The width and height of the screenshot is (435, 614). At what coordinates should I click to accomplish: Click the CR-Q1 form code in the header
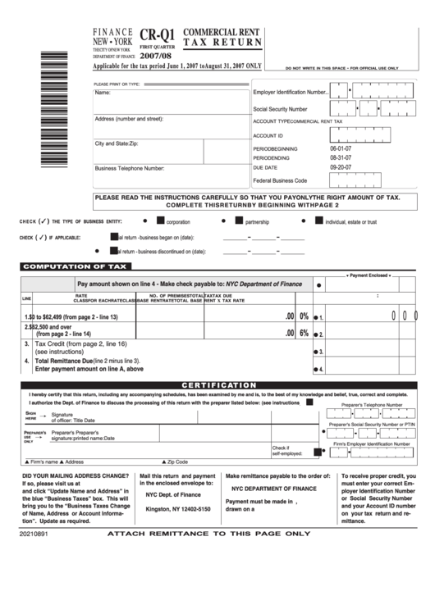point(157,35)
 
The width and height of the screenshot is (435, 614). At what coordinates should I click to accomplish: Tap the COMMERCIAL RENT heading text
point(222,30)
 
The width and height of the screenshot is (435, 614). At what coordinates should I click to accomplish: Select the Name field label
point(103,93)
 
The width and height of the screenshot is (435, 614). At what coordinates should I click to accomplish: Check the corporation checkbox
point(161,221)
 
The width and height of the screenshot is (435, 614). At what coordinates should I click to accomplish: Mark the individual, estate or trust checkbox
point(319,221)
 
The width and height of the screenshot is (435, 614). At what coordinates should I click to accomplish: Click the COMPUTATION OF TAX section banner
point(75,266)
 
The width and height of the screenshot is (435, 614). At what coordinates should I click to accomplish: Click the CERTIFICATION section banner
point(218,384)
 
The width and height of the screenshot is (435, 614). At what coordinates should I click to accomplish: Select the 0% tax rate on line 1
point(304,316)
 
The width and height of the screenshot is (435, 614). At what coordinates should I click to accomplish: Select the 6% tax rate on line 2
point(304,333)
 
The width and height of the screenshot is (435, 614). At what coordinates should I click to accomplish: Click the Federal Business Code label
point(280,180)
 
